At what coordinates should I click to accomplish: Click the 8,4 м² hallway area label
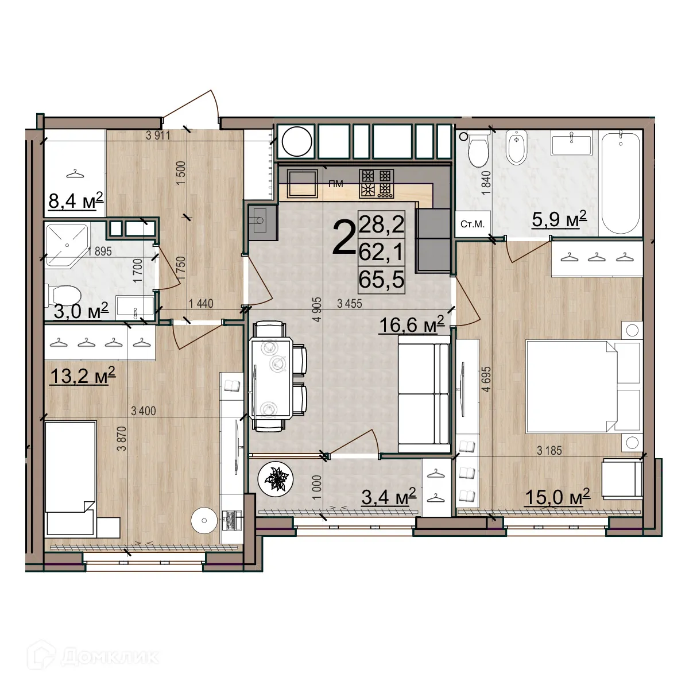pos(76,201)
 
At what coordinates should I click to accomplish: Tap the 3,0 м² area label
pos(81,311)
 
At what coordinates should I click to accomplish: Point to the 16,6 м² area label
pos(412,324)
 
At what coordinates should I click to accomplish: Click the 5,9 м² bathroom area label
pos(559,219)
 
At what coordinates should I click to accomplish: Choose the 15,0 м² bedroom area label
pos(557,497)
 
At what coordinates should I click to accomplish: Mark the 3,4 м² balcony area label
pos(389,496)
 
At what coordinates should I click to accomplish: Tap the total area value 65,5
pos(381,279)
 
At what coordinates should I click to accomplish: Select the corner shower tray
pos(67,245)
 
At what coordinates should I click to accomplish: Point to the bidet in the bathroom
pos(517,149)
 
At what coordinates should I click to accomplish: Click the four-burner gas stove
pos(377,184)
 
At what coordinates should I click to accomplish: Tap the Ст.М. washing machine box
pos(473,224)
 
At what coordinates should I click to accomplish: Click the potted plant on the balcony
pos(276,478)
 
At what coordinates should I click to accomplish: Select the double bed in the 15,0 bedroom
pos(583,386)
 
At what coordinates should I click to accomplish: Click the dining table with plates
pos(270,380)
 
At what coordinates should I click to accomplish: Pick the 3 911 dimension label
pos(158,136)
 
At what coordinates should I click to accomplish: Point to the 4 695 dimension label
pos(487,379)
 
